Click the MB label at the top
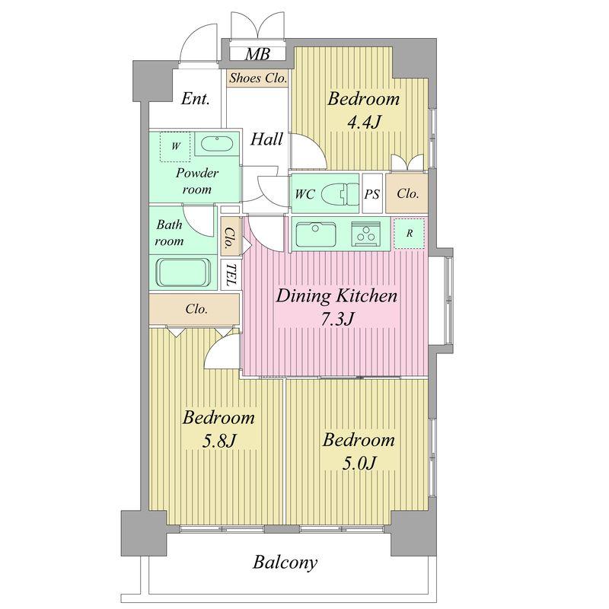tap(256, 54)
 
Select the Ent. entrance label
tap(196, 99)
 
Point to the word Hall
tap(267, 139)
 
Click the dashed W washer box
tap(176, 146)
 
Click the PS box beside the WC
tap(371, 193)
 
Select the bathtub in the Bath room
tap(183, 271)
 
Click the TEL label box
tap(229, 275)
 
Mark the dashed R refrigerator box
tap(410, 234)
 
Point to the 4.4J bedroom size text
tap(363, 123)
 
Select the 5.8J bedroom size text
tap(218, 441)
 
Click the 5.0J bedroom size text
tap(358, 463)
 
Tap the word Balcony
tap(285, 563)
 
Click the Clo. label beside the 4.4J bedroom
tap(407, 193)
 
